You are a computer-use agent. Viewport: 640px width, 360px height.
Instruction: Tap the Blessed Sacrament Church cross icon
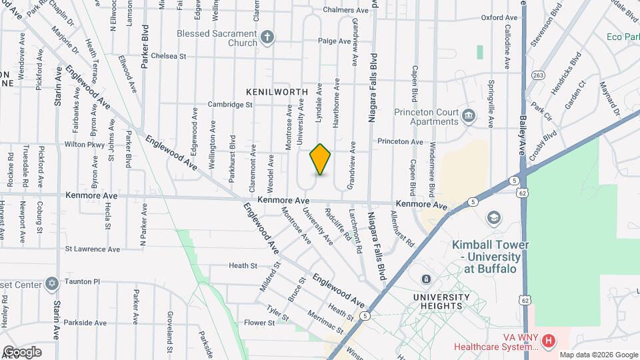click(267, 37)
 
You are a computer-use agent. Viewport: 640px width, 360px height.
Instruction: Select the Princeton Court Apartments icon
click(469, 117)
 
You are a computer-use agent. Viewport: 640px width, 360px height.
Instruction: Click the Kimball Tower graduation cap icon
click(494, 218)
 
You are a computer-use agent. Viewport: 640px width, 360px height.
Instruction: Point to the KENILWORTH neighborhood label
click(277, 91)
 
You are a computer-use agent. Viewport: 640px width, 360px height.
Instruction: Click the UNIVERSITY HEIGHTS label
click(437, 301)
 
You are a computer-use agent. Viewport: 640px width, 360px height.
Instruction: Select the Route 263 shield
click(537, 75)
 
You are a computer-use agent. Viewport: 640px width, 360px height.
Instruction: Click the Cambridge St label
click(230, 104)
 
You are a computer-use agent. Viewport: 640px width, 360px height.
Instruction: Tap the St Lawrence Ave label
click(92, 249)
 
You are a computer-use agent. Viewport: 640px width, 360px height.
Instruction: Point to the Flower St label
click(259, 323)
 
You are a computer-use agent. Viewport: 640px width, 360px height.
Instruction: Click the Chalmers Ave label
click(345, 11)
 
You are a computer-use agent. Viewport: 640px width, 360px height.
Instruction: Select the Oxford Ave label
click(499, 17)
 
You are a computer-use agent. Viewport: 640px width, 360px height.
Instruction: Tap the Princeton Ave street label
click(400, 142)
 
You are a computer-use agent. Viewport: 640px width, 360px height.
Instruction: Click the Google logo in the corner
click(22, 351)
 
